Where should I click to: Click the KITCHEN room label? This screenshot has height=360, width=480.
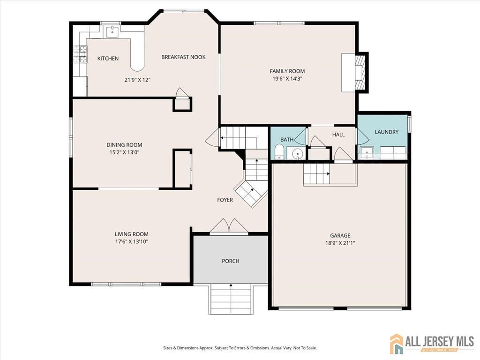tap(108, 59)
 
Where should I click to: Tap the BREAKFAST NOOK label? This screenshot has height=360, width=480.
tap(183, 57)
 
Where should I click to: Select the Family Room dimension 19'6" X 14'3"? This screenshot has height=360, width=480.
tap(287, 79)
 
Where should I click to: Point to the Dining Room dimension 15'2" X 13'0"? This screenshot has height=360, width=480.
tap(124, 152)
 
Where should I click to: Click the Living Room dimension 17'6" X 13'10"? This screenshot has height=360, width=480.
tap(131, 242)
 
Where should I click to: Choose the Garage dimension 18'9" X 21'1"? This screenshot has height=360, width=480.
tap(340, 243)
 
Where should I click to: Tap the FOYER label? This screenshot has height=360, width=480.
tap(225, 200)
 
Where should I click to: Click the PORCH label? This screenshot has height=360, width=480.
tap(230, 261)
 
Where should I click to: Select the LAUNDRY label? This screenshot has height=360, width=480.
tap(386, 132)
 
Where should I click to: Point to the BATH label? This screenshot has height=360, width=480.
tap(287, 140)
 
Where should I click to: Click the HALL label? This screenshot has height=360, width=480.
tap(338, 135)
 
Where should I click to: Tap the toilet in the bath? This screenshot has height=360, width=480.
tap(279, 152)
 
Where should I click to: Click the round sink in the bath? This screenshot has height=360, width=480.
tap(296, 153)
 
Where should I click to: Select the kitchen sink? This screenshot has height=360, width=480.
tap(112, 32)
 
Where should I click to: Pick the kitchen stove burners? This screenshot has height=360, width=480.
tap(80, 54)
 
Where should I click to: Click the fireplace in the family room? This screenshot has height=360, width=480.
tap(360, 72)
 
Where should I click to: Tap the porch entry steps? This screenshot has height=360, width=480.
tap(231, 299)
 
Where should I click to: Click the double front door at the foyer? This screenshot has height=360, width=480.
tap(229, 226)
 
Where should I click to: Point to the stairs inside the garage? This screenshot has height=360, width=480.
tap(317, 174)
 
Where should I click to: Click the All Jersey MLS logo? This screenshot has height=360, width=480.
tap(432, 344)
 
